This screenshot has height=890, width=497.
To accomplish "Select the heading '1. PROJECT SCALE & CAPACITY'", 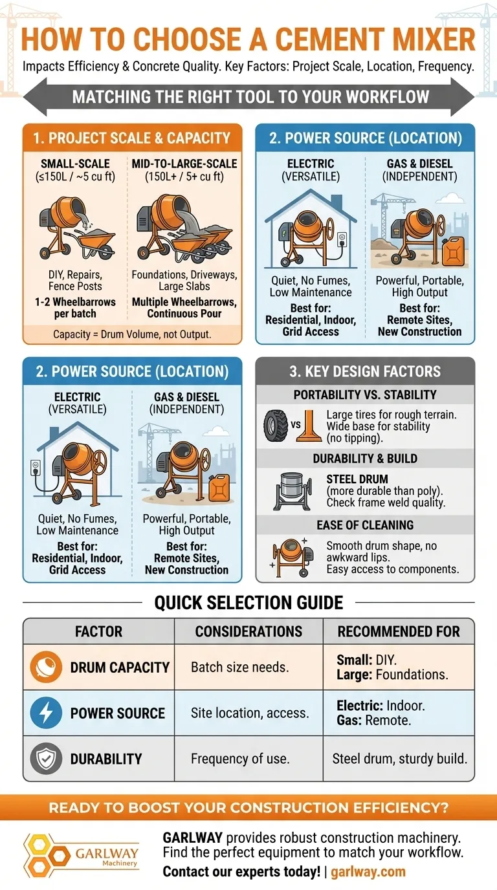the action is point(132,138).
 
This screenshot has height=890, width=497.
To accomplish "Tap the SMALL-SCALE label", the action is point(75,163).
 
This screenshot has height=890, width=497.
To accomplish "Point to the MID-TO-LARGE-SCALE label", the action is point(184,163).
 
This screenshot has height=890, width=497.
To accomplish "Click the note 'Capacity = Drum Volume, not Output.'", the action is point(132,334).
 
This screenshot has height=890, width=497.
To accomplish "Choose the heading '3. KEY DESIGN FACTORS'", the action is point(365,371).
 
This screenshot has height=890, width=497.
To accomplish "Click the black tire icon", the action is point(276,426).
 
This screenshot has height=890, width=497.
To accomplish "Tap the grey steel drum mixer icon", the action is point(293,491).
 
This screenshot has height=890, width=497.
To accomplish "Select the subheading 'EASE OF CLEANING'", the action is point(365,525).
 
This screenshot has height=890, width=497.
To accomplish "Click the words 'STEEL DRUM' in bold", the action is point(357,479).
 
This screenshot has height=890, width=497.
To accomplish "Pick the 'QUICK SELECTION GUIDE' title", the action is point(248,602).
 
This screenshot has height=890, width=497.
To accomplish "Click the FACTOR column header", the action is point(98,631).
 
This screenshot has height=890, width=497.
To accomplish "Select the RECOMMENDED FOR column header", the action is point(399,631).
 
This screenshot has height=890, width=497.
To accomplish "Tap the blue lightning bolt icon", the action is point(46,713).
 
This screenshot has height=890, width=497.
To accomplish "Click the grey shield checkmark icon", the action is point(46,759).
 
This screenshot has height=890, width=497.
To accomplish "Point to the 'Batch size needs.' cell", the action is point(239,667).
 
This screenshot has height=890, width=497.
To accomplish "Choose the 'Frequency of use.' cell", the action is point(239,759).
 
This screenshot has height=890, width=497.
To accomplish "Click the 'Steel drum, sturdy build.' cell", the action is point(399,759).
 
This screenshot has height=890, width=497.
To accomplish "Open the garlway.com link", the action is point(368,871).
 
